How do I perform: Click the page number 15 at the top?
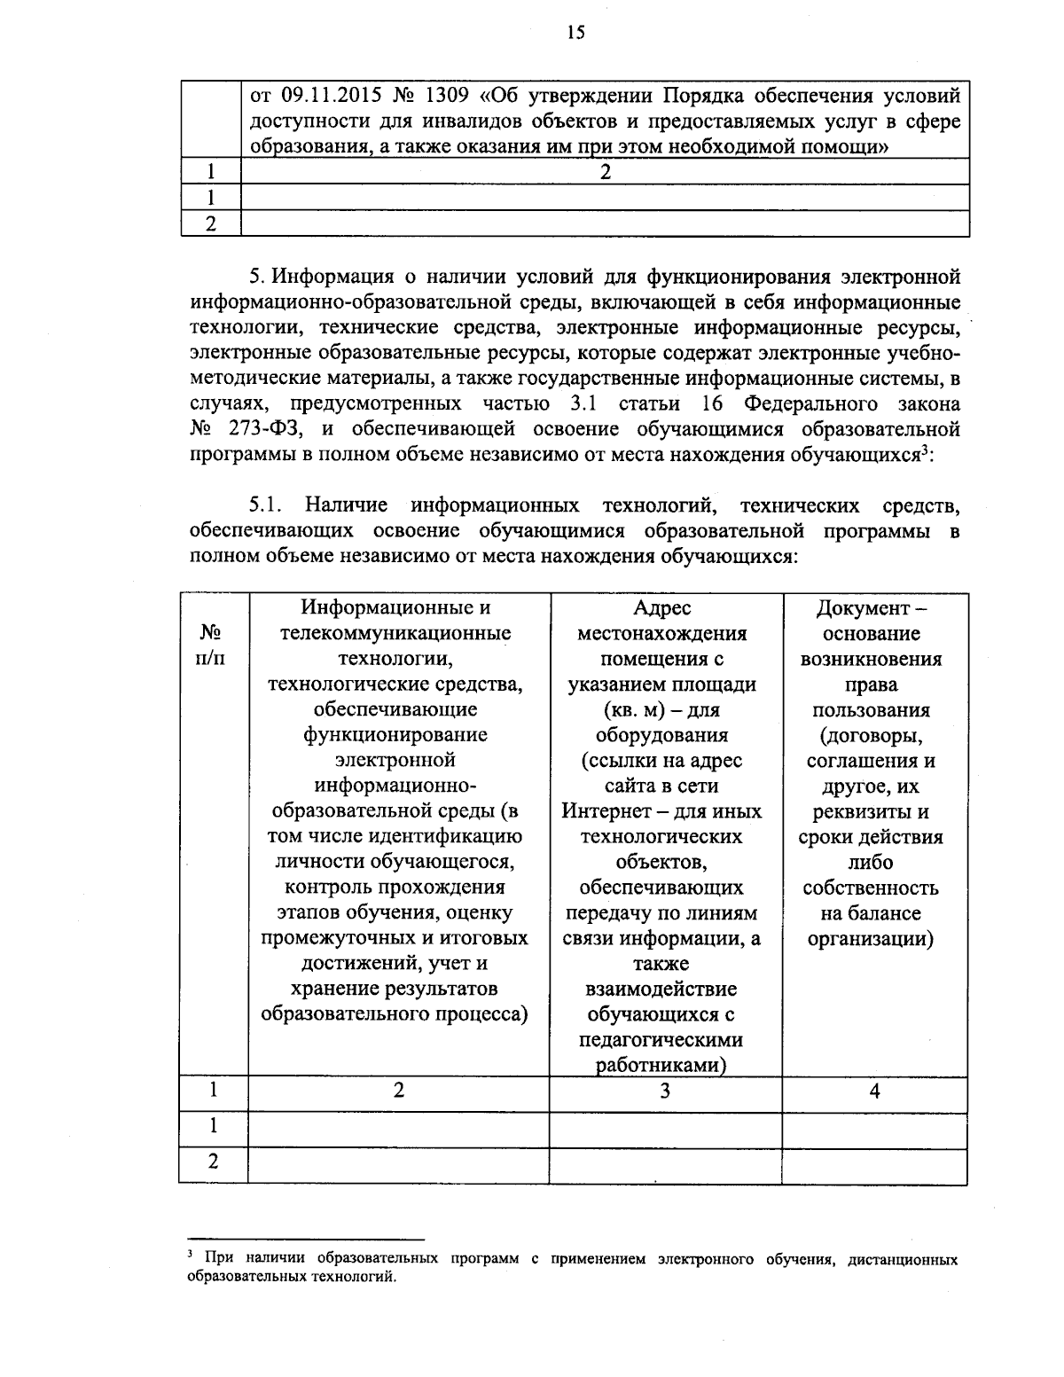point(575,33)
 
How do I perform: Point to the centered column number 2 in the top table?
point(605,172)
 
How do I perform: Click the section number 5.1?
point(265,505)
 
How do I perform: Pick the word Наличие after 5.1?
point(346,505)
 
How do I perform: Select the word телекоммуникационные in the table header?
point(395,634)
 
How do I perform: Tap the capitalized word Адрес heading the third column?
point(662,608)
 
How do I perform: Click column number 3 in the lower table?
point(664,1091)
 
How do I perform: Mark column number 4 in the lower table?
point(873,1091)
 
